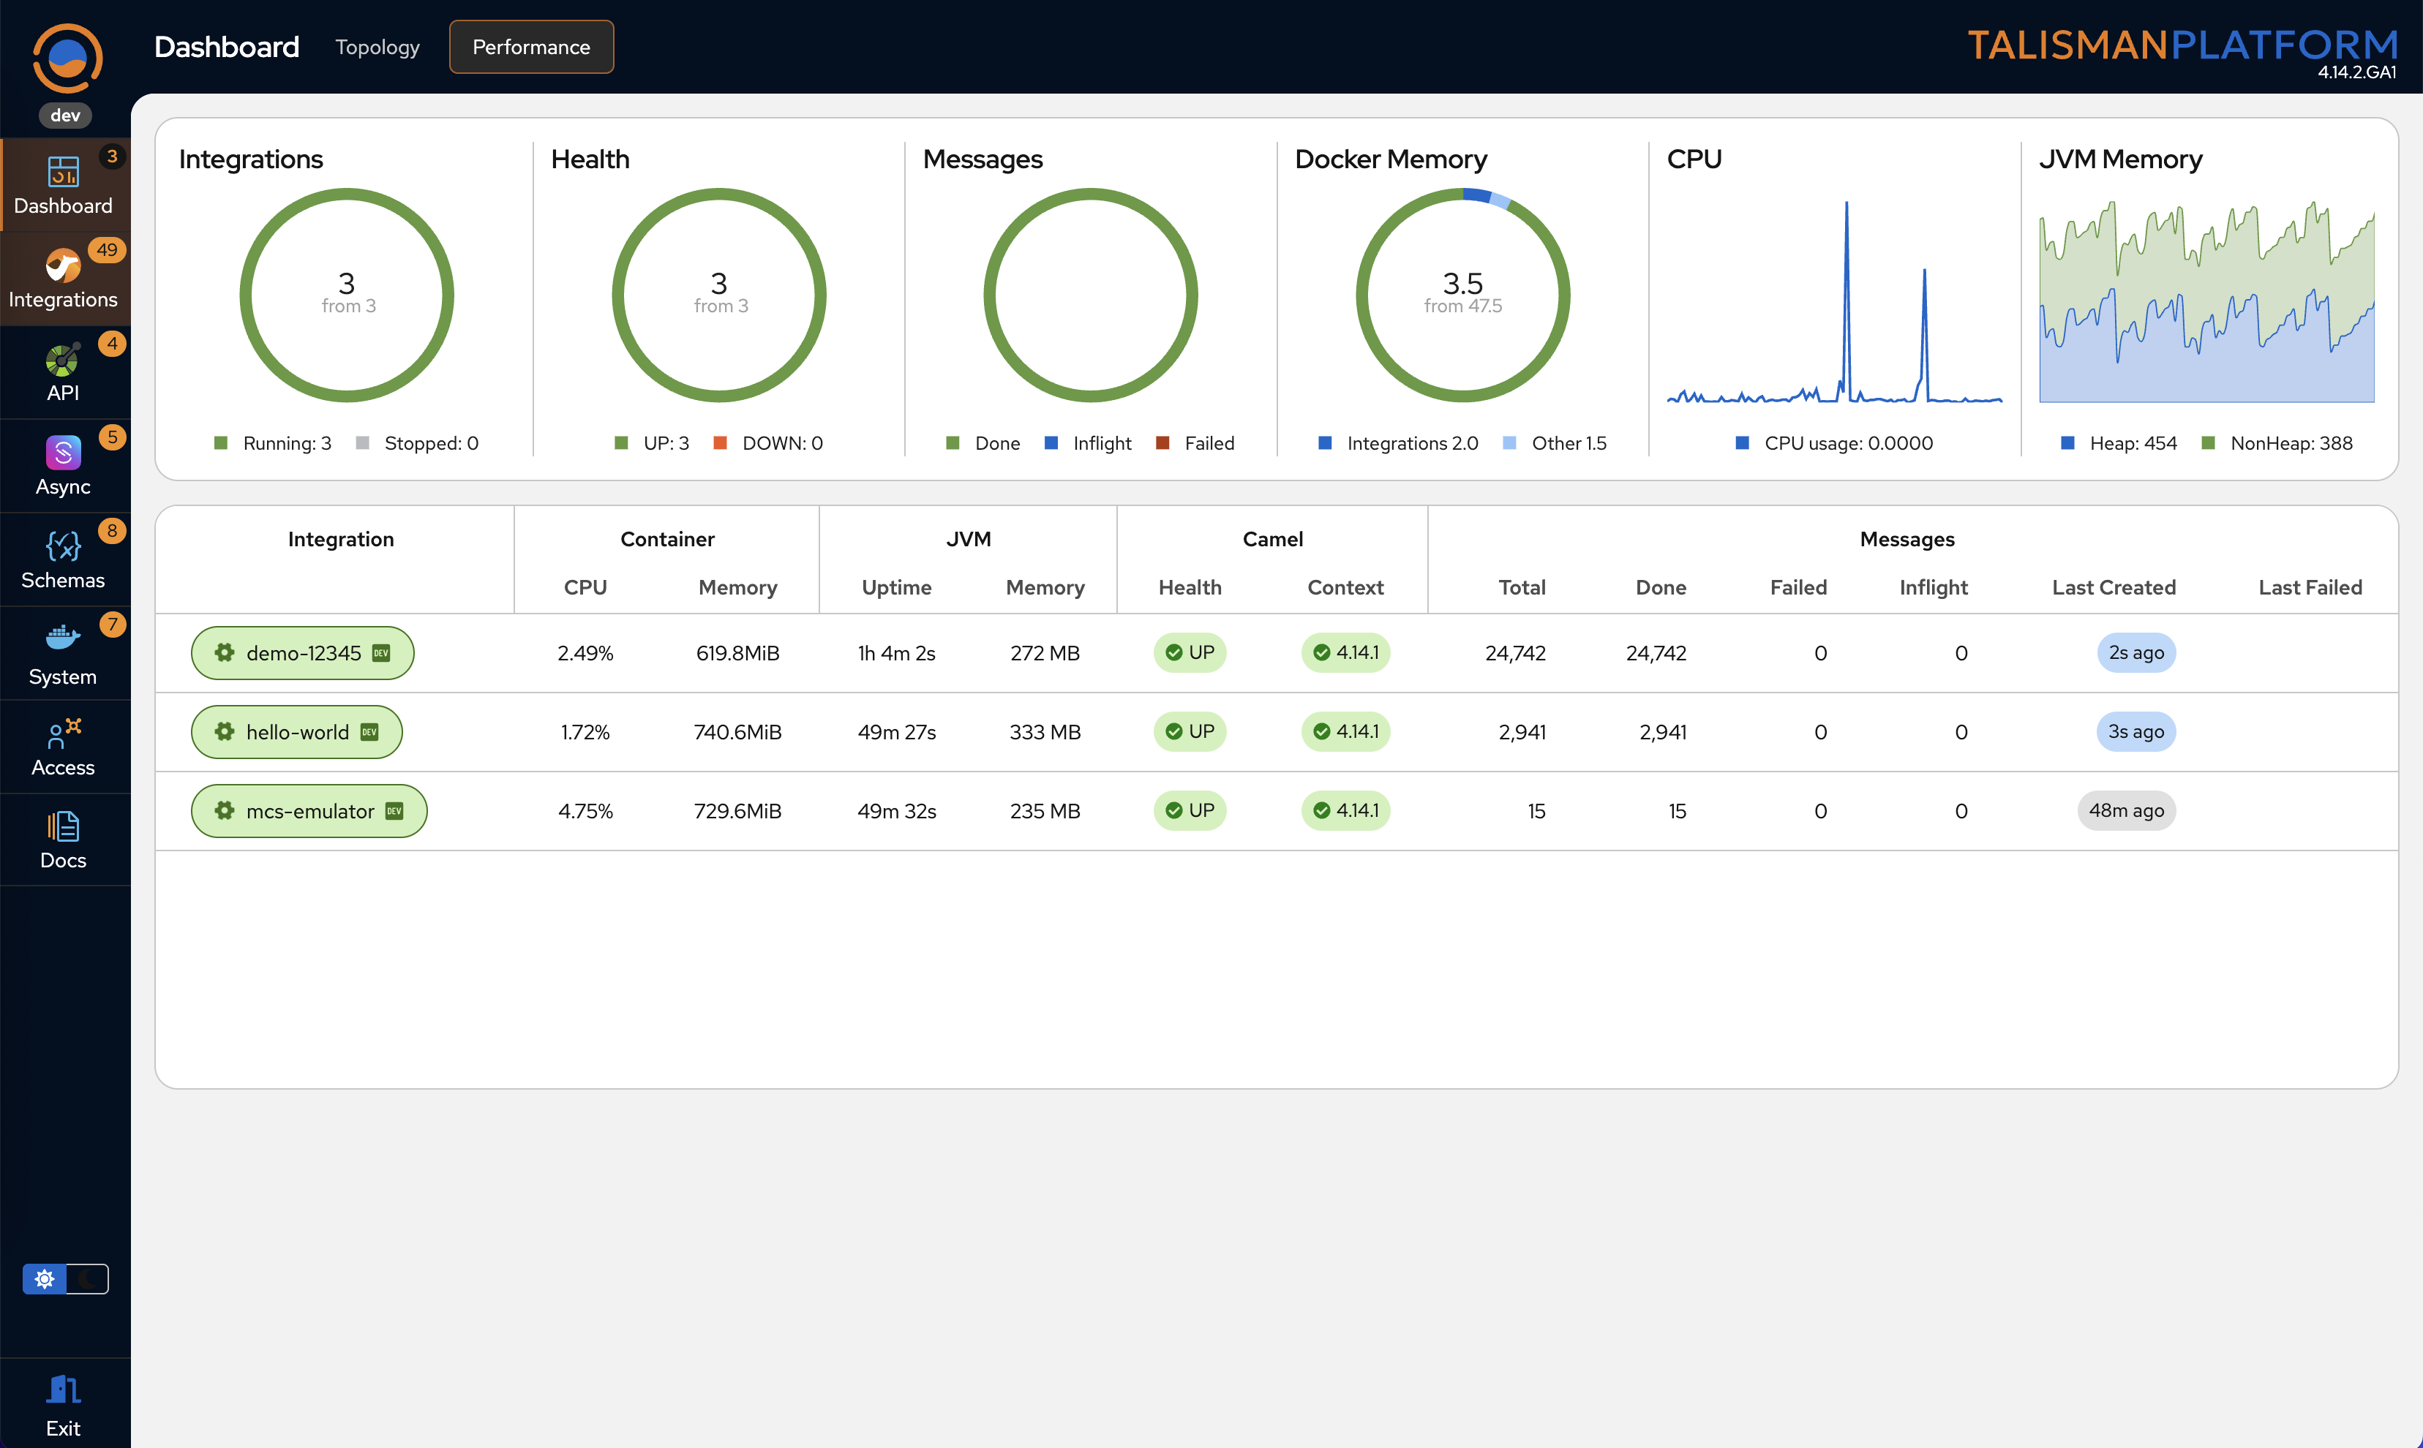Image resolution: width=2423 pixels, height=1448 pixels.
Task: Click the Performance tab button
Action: click(531, 47)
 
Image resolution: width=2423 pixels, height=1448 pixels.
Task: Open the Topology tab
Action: click(377, 47)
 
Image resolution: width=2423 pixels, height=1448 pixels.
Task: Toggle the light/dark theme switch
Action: click(65, 1278)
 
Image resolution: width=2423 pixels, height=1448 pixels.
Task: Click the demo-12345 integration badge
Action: click(302, 653)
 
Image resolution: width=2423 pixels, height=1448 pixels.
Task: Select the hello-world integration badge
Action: click(296, 732)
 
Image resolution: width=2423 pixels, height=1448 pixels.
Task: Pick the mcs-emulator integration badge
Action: click(309, 811)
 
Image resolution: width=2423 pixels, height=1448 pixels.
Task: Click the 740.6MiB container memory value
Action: click(737, 732)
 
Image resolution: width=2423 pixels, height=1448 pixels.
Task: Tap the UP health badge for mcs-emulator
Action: click(1190, 811)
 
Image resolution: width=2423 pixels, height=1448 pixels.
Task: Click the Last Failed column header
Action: click(2310, 587)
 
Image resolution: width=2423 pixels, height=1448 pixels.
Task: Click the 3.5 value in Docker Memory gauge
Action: click(1462, 283)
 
